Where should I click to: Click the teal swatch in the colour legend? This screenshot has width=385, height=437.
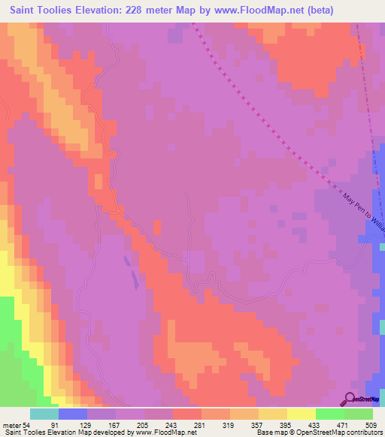pos(44,414)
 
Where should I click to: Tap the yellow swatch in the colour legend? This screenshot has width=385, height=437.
pos(302,414)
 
